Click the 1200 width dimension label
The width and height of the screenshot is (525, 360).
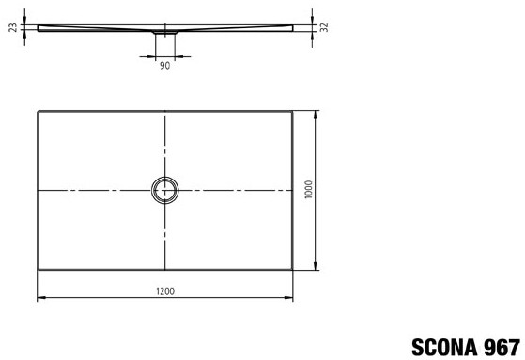click(165, 291)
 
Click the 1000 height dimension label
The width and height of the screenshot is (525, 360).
click(308, 189)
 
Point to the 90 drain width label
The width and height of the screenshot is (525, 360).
click(164, 66)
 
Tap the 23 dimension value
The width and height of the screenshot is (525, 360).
click(13, 27)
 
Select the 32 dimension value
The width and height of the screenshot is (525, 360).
click(324, 27)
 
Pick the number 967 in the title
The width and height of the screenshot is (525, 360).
click(502, 348)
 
